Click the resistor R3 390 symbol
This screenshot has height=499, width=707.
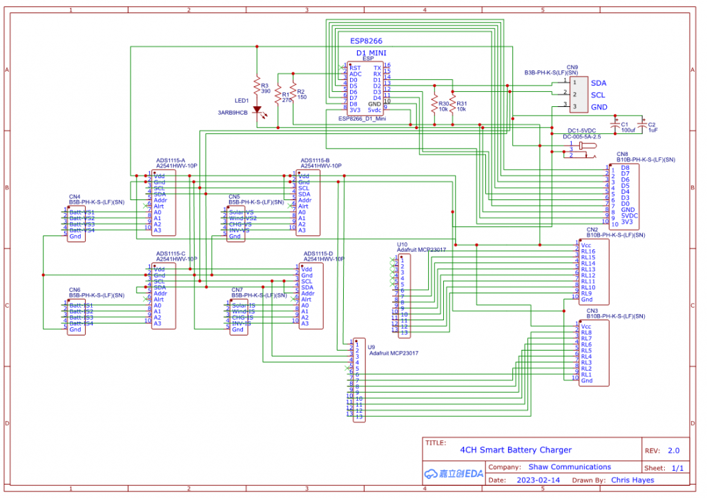(x=257, y=85)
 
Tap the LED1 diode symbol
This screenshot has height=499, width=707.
(x=257, y=108)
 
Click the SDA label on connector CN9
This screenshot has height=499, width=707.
(x=598, y=83)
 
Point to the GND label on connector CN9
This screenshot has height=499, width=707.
(x=599, y=107)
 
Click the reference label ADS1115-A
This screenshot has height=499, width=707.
(x=171, y=161)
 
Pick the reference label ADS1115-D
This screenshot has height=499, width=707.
(x=318, y=254)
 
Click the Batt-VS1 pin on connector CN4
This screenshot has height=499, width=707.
(x=81, y=212)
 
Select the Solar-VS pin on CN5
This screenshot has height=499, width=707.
(x=241, y=212)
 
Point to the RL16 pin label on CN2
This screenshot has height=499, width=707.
(x=588, y=251)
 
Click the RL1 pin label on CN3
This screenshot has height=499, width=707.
(x=586, y=374)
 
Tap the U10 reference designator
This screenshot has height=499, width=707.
(x=402, y=244)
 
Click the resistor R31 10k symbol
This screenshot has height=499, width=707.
(x=453, y=103)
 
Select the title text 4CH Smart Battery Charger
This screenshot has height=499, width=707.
(x=516, y=450)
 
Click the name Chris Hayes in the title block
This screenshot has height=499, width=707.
(x=628, y=479)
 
